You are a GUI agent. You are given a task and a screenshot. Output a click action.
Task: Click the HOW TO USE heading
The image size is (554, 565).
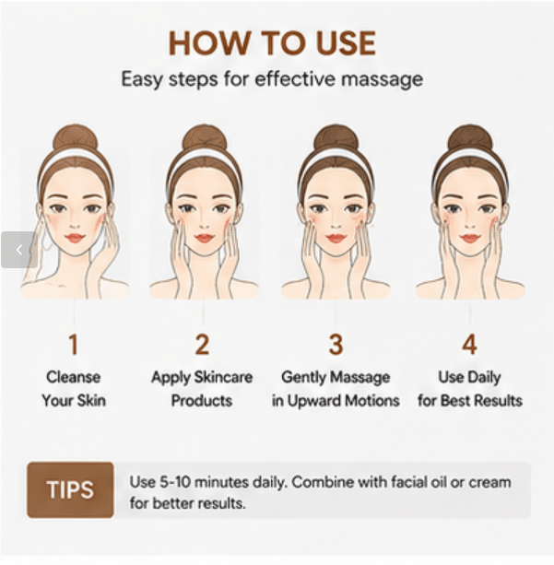(272, 43)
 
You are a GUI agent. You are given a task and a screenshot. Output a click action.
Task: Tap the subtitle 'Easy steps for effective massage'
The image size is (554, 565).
(272, 79)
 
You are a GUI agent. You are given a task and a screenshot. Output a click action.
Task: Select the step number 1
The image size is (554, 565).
(73, 345)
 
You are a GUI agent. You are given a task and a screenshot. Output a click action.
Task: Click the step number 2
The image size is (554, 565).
(202, 345)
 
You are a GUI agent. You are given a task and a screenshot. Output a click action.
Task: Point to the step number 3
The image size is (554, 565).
(336, 345)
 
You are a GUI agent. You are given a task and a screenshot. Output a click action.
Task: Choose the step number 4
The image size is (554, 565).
(470, 345)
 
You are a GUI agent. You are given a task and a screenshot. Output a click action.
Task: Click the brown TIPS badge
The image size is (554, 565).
(70, 490)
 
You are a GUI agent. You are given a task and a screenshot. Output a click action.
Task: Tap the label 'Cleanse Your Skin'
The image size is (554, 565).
(74, 389)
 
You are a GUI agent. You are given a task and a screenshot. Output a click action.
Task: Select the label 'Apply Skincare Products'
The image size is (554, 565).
(202, 389)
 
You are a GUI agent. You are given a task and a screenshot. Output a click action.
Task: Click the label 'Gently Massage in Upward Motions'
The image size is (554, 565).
(336, 389)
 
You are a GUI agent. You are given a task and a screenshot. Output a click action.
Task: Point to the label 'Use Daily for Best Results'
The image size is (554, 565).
(470, 389)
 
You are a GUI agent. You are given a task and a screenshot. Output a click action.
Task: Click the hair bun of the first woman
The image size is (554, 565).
(76, 139)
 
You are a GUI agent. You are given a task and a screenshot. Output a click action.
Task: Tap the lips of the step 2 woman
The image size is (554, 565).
(204, 238)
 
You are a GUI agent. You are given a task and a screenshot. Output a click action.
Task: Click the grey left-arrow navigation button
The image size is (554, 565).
(19, 250)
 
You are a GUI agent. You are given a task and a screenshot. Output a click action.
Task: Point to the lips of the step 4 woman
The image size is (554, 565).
(470, 238)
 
